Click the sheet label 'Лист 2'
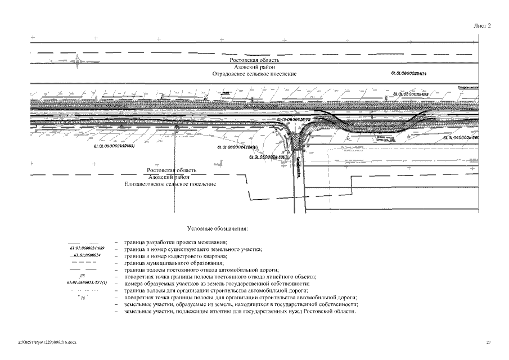tap(481, 25)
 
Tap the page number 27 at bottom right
tap(488, 341)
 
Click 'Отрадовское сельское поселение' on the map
tap(254, 74)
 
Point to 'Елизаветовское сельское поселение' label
tap(170, 184)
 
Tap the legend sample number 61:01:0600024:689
tap(87, 248)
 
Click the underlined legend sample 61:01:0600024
tap(87, 255)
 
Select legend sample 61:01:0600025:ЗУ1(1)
tap(87, 282)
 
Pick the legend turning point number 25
tap(82, 276)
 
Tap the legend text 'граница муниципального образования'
tap(174, 263)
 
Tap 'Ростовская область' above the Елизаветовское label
tap(171, 170)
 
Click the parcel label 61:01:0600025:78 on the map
tap(293, 120)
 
